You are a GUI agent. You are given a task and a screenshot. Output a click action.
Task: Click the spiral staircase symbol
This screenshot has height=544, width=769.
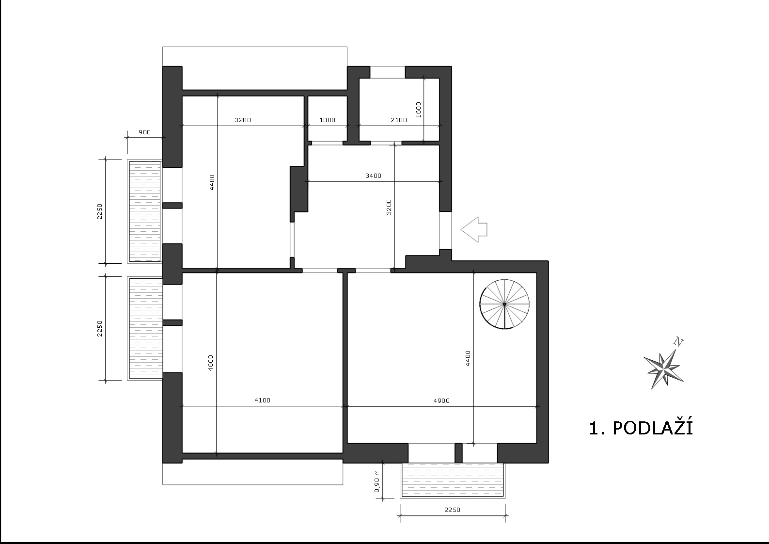point(504,304)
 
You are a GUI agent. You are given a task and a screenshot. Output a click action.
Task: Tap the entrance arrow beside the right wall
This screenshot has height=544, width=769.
point(474,229)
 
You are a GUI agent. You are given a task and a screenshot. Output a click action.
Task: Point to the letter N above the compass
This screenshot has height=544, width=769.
point(678,342)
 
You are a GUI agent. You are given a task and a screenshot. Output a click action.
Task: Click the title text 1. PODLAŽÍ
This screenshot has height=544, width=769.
point(641,428)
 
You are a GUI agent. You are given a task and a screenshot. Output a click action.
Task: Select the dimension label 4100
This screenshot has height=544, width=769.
point(262,400)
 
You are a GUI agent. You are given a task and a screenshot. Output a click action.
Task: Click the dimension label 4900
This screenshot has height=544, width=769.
point(441,400)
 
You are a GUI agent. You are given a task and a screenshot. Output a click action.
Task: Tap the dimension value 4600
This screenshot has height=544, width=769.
point(211,363)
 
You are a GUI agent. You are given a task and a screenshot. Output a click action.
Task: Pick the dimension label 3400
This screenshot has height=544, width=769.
point(373,176)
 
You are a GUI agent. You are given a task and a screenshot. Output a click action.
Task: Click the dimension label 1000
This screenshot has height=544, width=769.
point(327,120)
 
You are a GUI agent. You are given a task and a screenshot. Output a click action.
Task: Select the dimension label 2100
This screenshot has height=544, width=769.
point(399,120)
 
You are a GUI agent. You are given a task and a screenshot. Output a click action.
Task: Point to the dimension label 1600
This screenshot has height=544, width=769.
point(418,110)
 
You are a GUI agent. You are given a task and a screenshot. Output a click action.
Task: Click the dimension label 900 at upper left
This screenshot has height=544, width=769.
point(144,132)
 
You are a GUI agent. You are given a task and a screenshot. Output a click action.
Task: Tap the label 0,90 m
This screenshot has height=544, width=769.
point(377,481)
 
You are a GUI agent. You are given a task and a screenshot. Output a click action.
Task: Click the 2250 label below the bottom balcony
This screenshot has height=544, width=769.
point(452,510)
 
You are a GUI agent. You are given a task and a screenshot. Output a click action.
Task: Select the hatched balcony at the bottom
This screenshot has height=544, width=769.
point(452,480)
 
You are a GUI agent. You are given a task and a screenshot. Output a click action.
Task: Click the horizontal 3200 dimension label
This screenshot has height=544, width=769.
point(243,120)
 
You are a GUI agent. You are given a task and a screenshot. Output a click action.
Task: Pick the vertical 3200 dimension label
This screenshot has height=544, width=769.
point(389,207)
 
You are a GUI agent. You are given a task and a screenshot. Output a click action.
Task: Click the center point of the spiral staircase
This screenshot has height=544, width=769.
point(504,304)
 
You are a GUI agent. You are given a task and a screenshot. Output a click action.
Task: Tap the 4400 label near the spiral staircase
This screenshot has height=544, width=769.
point(468,358)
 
